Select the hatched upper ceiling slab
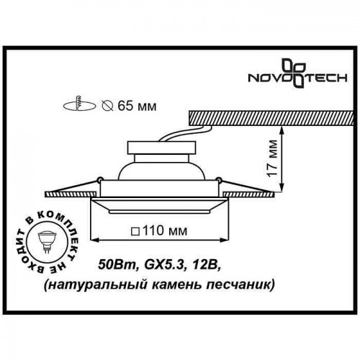pos(266,117)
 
